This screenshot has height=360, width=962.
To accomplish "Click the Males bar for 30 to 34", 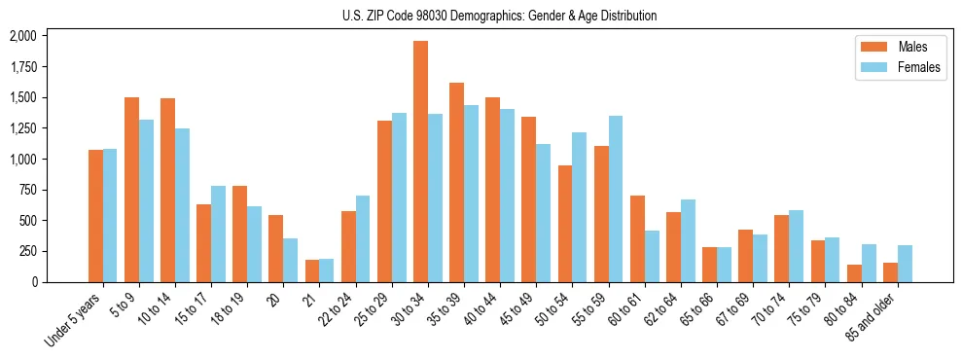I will tap(420, 162).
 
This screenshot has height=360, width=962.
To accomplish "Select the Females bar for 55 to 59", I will tap(616, 198).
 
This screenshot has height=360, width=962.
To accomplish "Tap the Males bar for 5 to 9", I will tap(131, 190).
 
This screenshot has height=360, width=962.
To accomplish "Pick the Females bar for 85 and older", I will tap(905, 264).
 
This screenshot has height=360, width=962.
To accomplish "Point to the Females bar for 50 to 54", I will tap(580, 207).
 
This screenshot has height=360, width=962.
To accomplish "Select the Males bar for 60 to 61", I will tap(637, 238).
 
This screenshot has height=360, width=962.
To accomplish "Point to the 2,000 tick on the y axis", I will tap(22, 36).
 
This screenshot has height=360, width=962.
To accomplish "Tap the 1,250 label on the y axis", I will tap(22, 128).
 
